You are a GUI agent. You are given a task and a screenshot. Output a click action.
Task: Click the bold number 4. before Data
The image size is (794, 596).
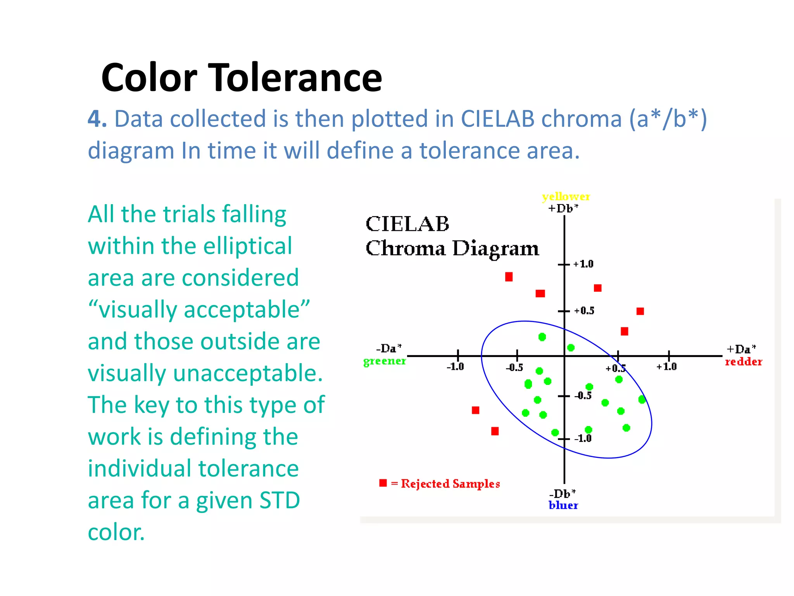click(97, 119)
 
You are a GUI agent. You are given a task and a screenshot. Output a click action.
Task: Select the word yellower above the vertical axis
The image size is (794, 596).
click(566, 196)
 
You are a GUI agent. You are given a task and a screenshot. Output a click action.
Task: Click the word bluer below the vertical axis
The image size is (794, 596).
click(563, 505)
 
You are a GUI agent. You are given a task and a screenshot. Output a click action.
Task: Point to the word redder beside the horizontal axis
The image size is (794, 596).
click(743, 362)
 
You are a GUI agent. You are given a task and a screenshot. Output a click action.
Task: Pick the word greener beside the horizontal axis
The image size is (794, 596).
click(384, 361)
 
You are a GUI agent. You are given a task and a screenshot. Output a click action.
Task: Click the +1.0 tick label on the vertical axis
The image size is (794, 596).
click(583, 264)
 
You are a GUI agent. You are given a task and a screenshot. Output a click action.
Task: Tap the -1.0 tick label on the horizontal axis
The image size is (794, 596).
click(455, 367)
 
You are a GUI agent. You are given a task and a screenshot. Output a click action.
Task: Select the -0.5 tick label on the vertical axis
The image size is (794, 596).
click(583, 396)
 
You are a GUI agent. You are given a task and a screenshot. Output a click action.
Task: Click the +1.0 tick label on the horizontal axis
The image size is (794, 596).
click(666, 367)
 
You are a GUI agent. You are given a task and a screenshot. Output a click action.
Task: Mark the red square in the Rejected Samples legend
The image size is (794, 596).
click(383, 483)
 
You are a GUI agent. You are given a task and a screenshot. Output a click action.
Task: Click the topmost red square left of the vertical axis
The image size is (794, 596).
click(509, 277)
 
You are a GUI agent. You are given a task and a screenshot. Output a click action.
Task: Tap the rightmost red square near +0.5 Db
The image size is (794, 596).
click(640, 311)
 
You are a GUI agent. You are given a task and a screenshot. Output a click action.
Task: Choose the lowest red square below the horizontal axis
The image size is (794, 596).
click(495, 431)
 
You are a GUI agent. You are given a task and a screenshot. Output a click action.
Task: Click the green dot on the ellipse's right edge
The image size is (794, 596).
click(642, 399)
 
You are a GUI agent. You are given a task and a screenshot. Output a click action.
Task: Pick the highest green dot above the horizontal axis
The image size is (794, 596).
click(542, 337)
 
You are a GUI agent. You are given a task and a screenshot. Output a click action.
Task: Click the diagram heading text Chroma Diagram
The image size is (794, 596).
click(452, 248)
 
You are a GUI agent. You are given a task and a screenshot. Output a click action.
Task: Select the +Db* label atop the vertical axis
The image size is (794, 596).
click(563, 208)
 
